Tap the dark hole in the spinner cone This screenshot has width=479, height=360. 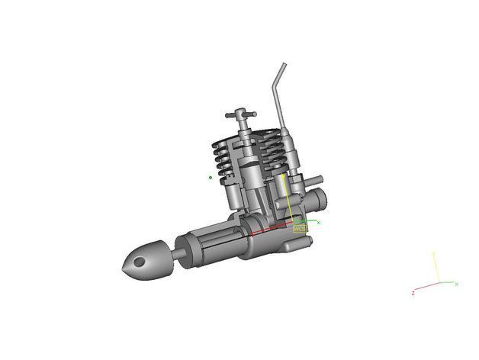point(138,262)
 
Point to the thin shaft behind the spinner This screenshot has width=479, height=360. point(176,248)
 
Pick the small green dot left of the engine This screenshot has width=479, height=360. point(211,178)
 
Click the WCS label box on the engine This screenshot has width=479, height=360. point(300,227)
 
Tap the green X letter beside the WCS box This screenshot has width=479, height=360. point(318,223)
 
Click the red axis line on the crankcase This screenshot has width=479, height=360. point(271,230)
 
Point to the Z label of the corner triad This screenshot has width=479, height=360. point(413,293)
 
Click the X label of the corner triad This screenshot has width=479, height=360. point(456,284)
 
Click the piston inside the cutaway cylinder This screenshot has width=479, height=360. point(249,175)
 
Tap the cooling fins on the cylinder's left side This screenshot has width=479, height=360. point(220,163)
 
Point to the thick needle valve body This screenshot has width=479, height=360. point(294,153)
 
